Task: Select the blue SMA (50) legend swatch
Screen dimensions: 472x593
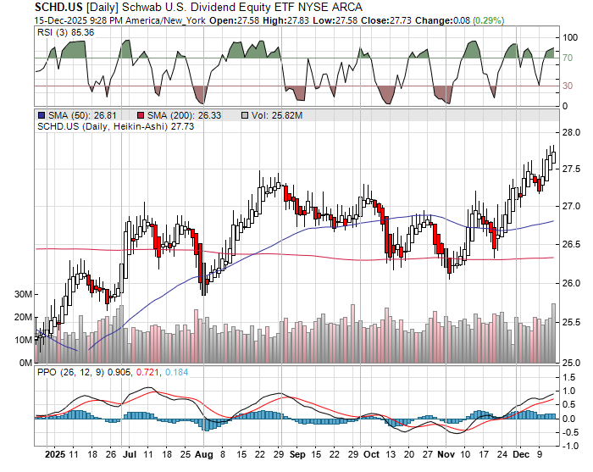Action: point(41,114)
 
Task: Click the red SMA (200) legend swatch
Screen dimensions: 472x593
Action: point(140,114)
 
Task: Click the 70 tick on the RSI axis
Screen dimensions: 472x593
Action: point(568,58)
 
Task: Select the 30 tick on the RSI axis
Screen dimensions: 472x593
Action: point(568,86)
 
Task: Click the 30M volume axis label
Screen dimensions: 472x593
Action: point(24,294)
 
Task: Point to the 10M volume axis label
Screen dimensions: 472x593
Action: point(24,340)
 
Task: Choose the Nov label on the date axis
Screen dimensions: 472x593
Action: point(446,455)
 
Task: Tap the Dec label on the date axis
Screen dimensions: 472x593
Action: point(520,455)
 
